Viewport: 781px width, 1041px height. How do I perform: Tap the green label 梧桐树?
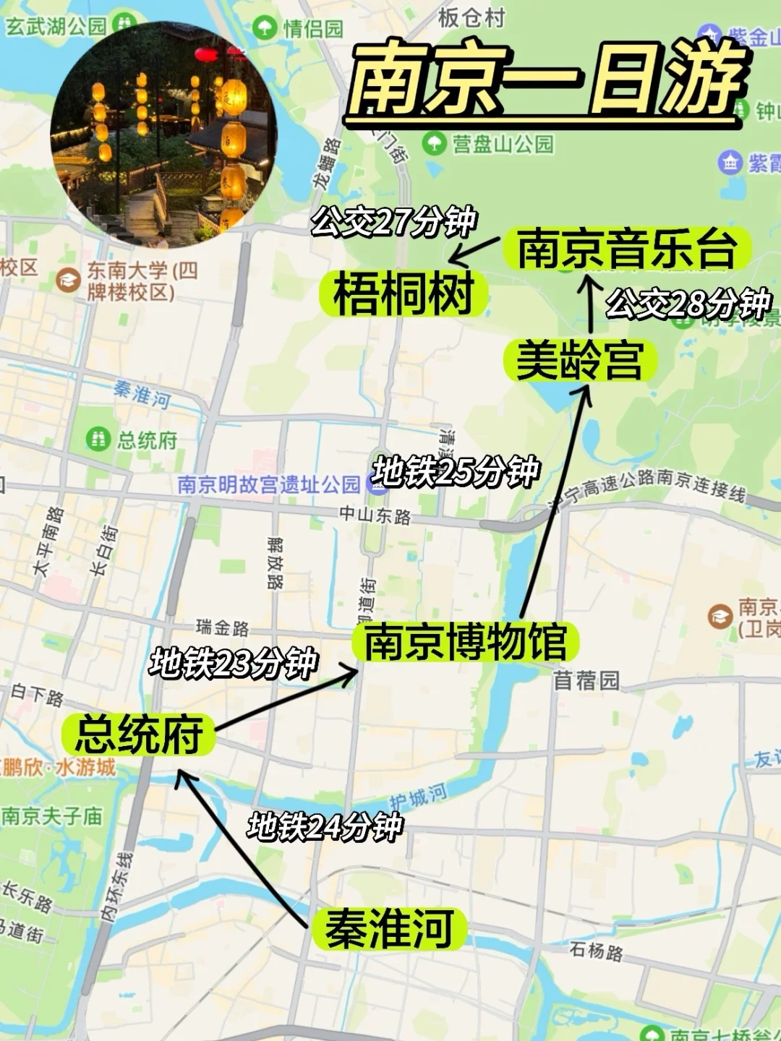click(x=404, y=294)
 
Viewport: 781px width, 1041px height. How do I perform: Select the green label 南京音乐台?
click(x=627, y=248)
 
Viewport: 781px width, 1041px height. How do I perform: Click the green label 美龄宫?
click(x=579, y=360)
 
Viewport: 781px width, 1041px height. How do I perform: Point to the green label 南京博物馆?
click(x=465, y=641)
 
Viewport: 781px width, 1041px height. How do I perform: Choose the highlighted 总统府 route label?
click(x=138, y=734)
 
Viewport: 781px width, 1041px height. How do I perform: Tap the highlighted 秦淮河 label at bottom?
click(x=389, y=928)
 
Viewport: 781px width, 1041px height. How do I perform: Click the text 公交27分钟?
click(x=393, y=220)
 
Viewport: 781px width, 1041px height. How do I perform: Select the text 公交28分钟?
click(x=688, y=304)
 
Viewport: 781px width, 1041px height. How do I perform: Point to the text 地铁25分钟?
click(x=456, y=472)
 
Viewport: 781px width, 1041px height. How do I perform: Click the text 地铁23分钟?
click(x=233, y=663)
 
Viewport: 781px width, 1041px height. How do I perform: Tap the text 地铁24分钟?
click(x=325, y=826)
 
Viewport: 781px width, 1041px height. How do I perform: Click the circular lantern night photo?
click(x=163, y=134)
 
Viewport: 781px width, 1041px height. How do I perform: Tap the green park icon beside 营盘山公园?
click(x=435, y=143)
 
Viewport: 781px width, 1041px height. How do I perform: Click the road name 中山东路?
click(x=375, y=515)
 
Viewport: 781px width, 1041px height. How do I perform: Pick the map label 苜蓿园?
click(x=586, y=680)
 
